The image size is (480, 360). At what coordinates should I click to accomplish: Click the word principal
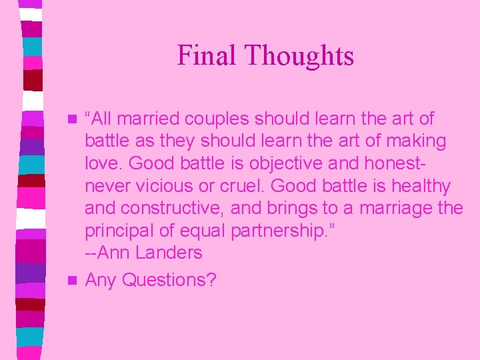point(122,231)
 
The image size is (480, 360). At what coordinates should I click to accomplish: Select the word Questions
point(169,281)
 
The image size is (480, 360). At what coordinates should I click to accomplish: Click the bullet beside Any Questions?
point(73,280)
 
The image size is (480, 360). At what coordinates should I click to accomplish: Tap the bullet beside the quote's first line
point(73,119)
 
